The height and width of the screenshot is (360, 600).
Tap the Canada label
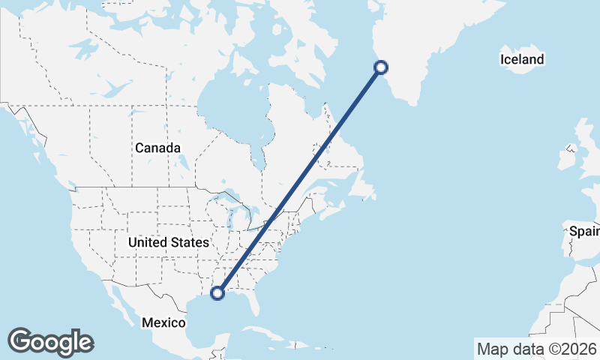point(157,148)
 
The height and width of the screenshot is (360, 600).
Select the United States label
point(168,242)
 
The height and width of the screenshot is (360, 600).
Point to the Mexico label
point(164,322)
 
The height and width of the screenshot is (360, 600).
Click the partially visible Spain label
point(583,231)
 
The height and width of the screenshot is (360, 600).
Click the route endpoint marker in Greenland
point(380,67)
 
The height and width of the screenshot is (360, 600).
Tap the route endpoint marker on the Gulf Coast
point(217,293)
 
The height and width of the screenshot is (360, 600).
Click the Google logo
point(50,342)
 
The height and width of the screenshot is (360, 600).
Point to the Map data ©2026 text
point(536,349)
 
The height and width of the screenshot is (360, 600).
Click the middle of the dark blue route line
point(299,180)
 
